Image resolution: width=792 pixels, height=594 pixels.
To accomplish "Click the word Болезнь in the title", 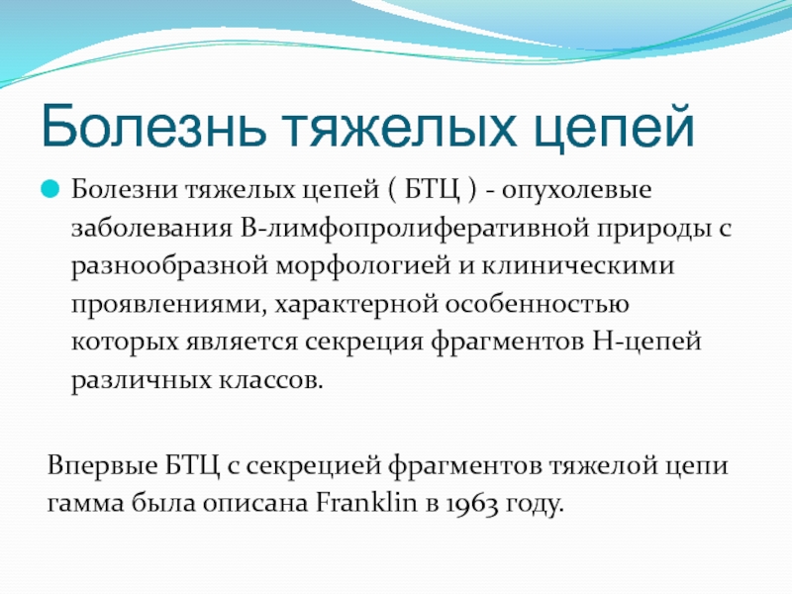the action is (x=153, y=127).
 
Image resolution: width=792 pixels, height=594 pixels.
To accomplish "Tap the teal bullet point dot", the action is (x=50, y=189).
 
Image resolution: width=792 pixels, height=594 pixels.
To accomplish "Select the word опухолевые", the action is (x=576, y=191).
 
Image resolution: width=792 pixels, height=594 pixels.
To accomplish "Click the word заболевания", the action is (x=151, y=229).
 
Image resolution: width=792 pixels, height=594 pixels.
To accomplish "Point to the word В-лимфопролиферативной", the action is (x=415, y=229).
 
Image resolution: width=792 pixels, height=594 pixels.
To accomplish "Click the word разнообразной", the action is (x=169, y=266).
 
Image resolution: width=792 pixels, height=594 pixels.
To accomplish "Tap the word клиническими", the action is (x=578, y=266).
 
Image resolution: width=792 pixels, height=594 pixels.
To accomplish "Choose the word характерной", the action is (x=355, y=305).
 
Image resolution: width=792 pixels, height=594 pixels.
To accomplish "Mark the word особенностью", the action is (x=537, y=304).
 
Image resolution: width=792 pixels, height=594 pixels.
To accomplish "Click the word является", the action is (x=242, y=343).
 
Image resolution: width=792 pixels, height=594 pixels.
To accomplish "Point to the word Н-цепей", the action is (x=647, y=343).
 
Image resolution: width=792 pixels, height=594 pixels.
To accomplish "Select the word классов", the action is (x=270, y=380).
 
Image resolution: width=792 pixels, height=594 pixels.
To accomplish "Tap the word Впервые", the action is (x=103, y=465).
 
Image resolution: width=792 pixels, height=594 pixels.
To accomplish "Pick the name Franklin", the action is (x=366, y=503).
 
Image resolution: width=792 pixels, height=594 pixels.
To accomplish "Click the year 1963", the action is (x=473, y=504).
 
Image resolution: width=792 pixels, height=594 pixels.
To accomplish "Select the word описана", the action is (x=255, y=504).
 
